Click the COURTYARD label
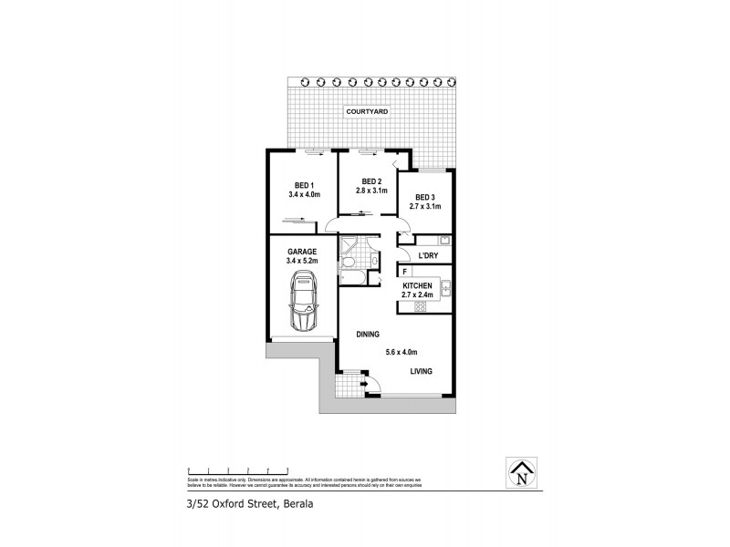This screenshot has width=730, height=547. click(367, 111)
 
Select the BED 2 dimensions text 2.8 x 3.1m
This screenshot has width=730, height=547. click(371, 191)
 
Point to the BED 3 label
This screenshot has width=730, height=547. click(425, 197)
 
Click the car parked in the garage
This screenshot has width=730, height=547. click(302, 303)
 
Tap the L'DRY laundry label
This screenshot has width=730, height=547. click(429, 256)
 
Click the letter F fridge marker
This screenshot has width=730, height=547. click(404, 272)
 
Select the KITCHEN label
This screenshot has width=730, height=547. click(416, 285)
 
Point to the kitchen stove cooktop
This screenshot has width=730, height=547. click(422, 306)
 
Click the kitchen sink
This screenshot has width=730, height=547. click(445, 289)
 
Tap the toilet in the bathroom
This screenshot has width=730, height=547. click(349, 263)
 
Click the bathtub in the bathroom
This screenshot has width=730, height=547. click(352, 276)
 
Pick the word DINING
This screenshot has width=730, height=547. click(368, 335)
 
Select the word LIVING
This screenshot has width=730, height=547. click(421, 371)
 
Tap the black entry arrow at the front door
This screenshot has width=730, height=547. click(364, 386)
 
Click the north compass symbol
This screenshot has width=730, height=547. click(521, 472)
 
